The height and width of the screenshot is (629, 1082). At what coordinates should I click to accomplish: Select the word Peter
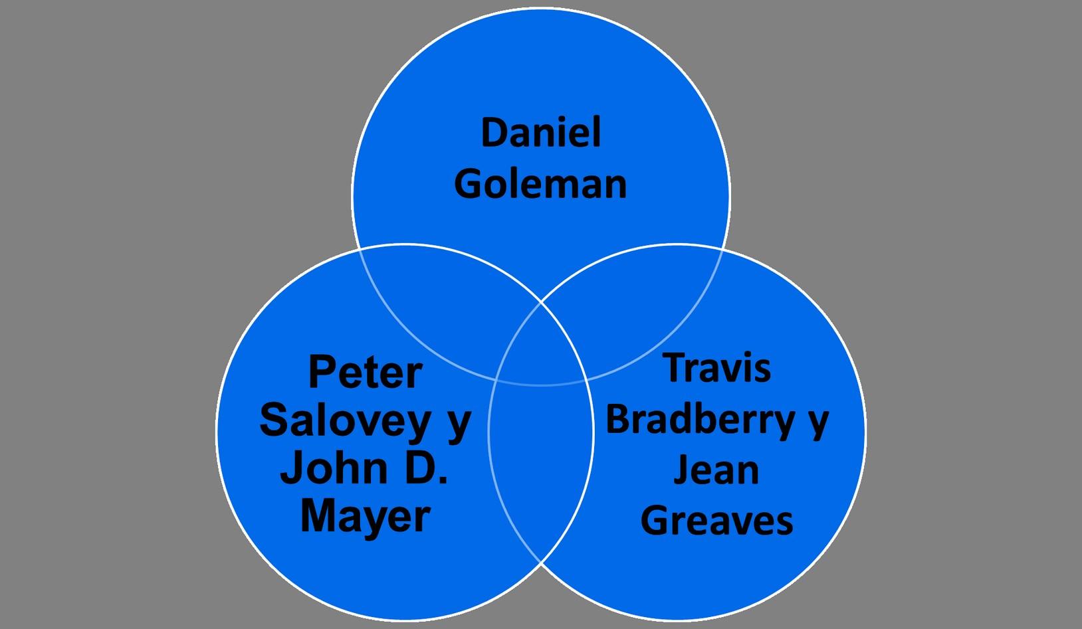point(365,373)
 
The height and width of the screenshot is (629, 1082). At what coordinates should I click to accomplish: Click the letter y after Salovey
point(458,424)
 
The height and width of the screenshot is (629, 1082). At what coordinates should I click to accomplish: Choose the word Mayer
point(365,517)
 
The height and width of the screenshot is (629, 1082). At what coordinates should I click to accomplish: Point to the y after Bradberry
point(817,422)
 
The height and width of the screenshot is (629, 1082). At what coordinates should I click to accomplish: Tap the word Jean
point(716,470)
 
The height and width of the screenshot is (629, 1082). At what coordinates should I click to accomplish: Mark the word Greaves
point(716,521)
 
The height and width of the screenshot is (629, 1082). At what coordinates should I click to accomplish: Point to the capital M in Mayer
point(317,517)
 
